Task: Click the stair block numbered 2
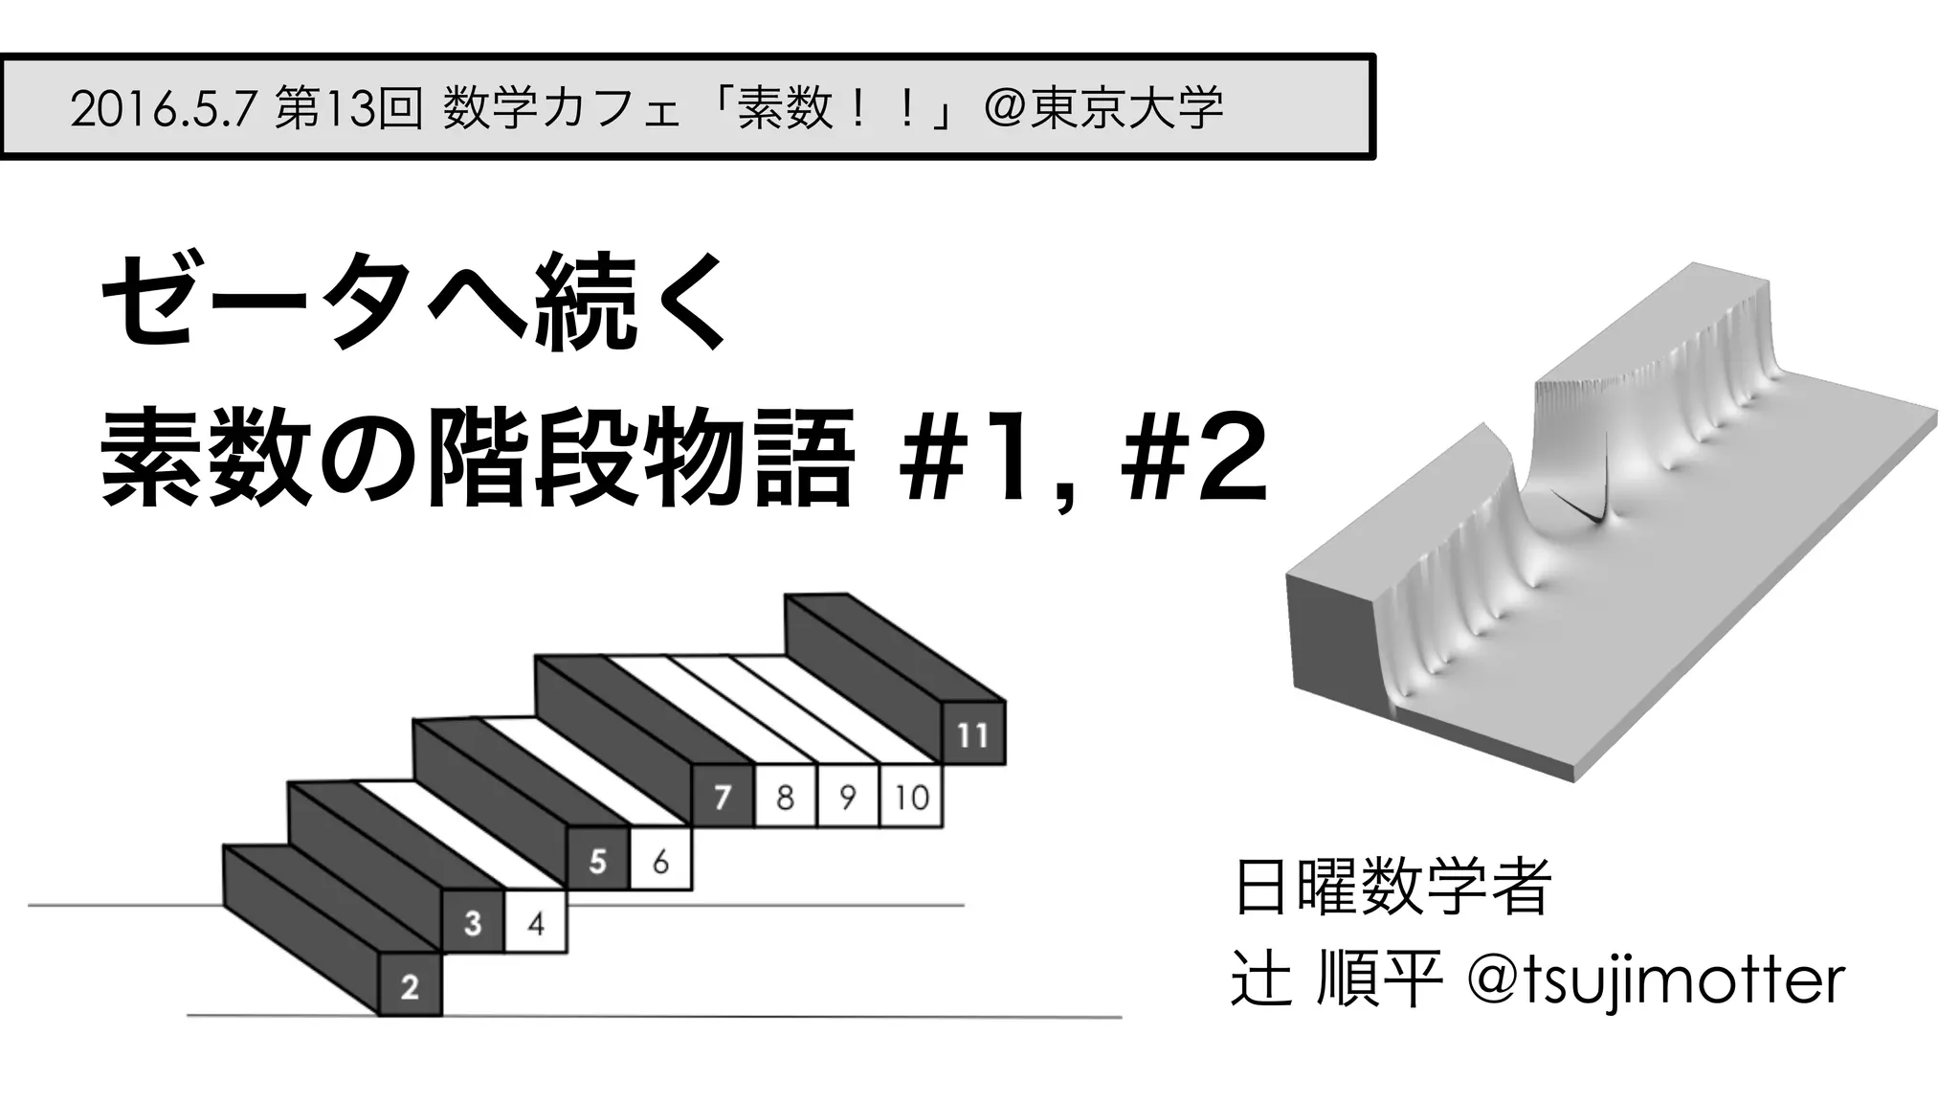[411, 985]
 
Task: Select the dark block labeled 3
[473, 923]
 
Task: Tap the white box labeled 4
[536, 923]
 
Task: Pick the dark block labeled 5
[598, 861]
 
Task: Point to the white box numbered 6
[660, 861]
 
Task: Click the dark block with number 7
[723, 797]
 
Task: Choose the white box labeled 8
[786, 797]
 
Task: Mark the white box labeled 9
[848, 797]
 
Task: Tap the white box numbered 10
[911, 797]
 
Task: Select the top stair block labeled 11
[973, 734]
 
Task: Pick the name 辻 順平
[1336, 980]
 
